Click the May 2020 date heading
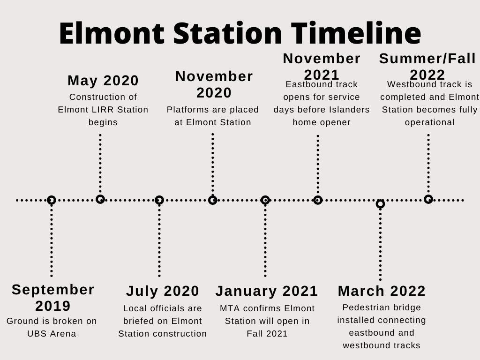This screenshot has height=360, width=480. [x=103, y=81]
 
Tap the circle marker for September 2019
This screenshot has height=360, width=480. [x=52, y=200]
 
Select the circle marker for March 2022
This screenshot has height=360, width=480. [x=380, y=204]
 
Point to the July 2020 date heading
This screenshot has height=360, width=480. [x=163, y=291]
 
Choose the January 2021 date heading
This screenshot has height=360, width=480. [x=267, y=291]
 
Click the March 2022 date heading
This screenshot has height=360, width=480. [x=382, y=291]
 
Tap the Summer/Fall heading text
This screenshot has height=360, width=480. [x=427, y=59]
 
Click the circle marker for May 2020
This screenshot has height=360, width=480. [x=100, y=199]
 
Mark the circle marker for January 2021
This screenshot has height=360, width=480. [x=265, y=200]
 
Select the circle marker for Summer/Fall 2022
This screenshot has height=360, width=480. [x=428, y=199]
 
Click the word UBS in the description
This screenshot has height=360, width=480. [x=38, y=334]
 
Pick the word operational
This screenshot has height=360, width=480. [x=429, y=122]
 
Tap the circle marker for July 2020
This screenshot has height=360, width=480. [x=159, y=200]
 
